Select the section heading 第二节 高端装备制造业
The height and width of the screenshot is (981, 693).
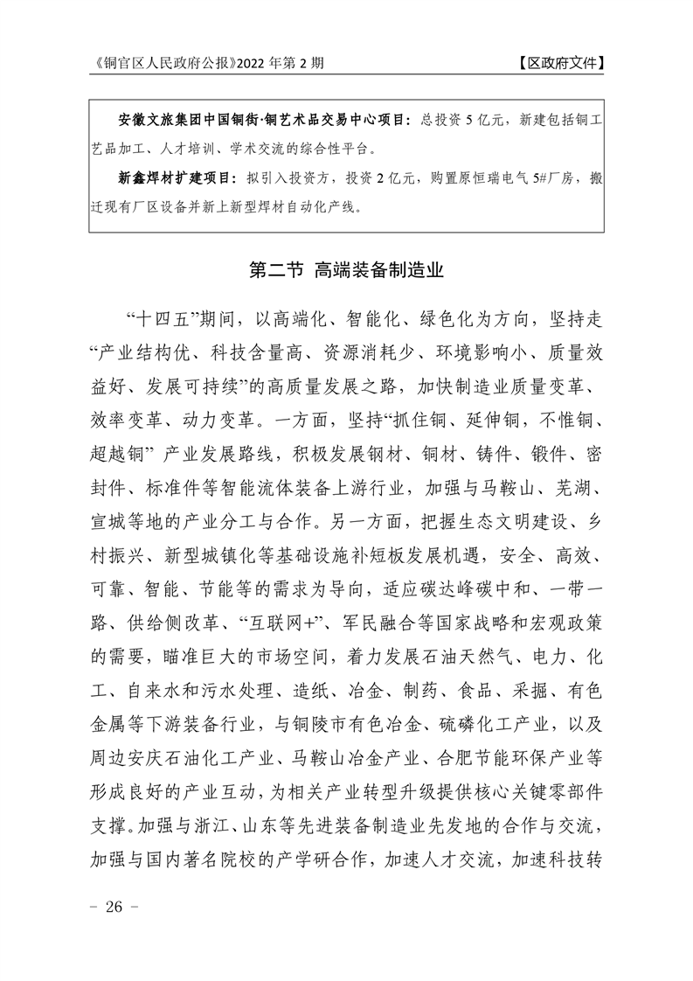[x=346, y=270]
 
